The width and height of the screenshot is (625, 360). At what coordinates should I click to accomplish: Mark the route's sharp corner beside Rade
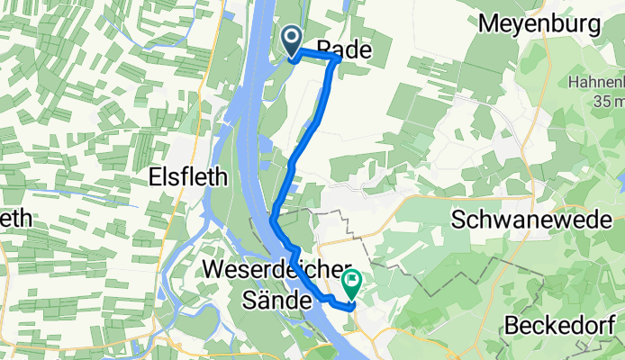click(337, 58)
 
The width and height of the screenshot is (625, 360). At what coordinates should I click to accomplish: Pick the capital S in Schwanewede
click(457, 220)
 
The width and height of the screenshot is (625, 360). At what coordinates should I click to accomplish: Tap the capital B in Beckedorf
click(512, 326)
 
